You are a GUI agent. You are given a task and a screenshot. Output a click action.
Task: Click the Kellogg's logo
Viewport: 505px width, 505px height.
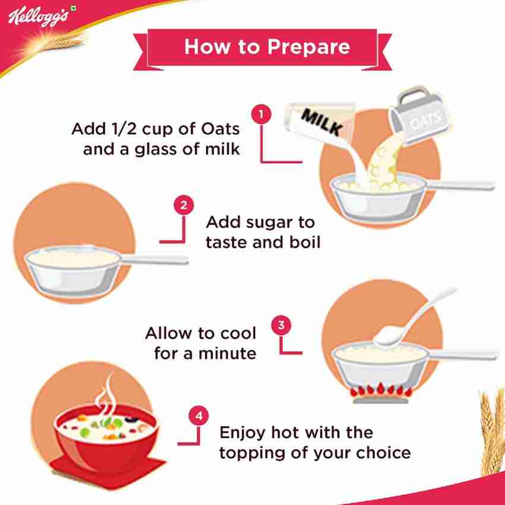[38, 17]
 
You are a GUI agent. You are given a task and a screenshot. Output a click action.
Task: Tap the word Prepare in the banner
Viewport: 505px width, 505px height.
[308, 47]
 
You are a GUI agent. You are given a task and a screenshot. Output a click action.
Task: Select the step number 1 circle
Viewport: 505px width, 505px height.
[261, 114]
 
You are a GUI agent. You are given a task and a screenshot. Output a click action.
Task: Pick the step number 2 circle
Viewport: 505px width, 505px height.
[184, 205]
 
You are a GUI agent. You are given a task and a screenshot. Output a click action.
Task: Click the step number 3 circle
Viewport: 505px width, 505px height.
[281, 325]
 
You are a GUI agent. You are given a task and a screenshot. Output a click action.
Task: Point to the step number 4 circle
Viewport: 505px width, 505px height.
[198, 415]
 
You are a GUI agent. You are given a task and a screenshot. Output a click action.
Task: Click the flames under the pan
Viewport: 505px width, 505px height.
[381, 390]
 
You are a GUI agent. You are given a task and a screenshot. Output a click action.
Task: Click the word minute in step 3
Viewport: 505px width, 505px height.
[228, 353]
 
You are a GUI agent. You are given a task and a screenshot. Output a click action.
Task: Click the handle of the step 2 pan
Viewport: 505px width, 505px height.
[154, 259]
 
